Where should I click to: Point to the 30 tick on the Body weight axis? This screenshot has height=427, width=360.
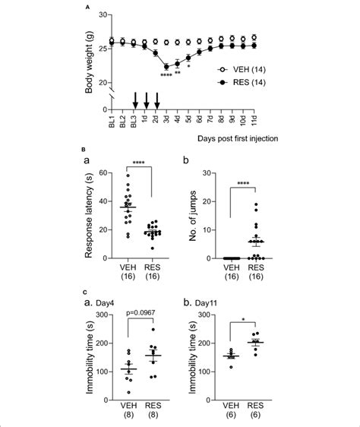[106, 14]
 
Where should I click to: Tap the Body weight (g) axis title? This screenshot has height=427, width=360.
[92, 49]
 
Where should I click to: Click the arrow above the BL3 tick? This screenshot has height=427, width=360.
[134, 99]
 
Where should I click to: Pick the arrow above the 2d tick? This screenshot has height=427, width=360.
[156, 99]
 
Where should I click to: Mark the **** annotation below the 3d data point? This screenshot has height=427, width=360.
[166, 74]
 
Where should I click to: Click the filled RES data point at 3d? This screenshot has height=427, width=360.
[166, 66]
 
